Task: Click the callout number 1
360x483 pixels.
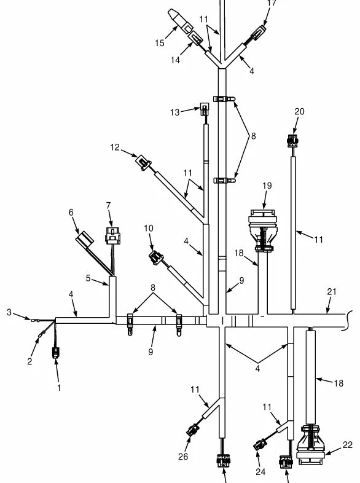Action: click(59, 388)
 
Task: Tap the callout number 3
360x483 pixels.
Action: click(9, 312)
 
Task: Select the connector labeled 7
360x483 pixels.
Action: click(112, 235)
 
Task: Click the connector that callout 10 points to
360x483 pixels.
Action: click(156, 257)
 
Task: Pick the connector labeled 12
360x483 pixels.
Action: click(144, 162)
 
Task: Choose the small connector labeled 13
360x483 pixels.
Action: click(204, 109)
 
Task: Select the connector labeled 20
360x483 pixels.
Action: click(292, 141)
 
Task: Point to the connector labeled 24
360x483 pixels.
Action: click(260, 444)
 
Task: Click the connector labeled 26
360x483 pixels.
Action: click(193, 430)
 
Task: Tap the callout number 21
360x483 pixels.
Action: click(331, 291)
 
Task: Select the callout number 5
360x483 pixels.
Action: click(88, 278)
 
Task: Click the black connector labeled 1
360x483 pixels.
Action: click(55, 352)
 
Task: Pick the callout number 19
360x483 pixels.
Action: click(267, 186)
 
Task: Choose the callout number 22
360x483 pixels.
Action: click(347, 445)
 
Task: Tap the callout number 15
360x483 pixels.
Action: click(160, 43)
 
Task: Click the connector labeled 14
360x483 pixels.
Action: click(195, 38)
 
